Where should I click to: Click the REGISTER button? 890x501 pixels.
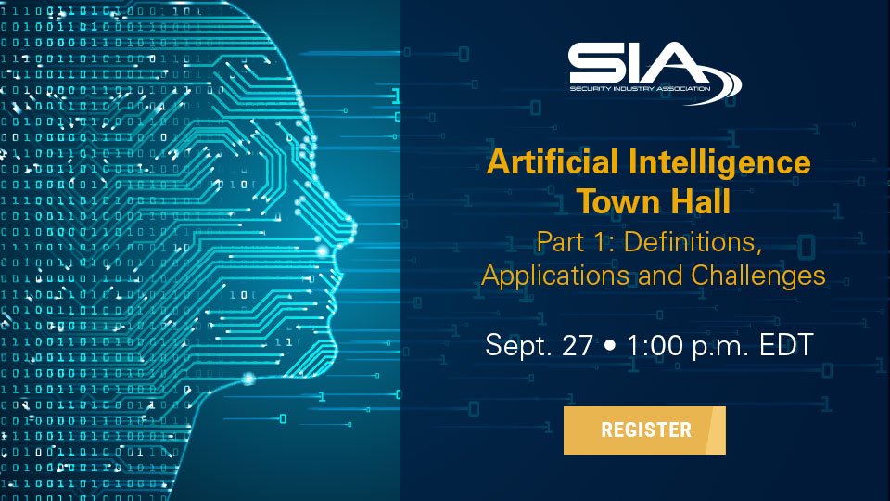(x=644, y=430)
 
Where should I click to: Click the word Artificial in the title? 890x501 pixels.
(x=553, y=161)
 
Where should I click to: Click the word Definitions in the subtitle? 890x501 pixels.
(x=693, y=242)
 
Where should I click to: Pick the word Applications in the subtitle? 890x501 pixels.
(x=555, y=276)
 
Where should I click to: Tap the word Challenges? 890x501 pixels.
(x=757, y=276)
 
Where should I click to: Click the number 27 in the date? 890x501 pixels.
(x=578, y=345)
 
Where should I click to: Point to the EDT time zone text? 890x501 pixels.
(x=786, y=345)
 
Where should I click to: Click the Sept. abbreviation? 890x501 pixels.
(x=518, y=346)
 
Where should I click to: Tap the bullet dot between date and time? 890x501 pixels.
(x=610, y=345)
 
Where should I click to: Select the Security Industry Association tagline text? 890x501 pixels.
(x=640, y=89)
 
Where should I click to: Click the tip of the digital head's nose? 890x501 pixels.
(x=354, y=227)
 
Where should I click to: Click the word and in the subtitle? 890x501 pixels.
(x=660, y=276)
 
